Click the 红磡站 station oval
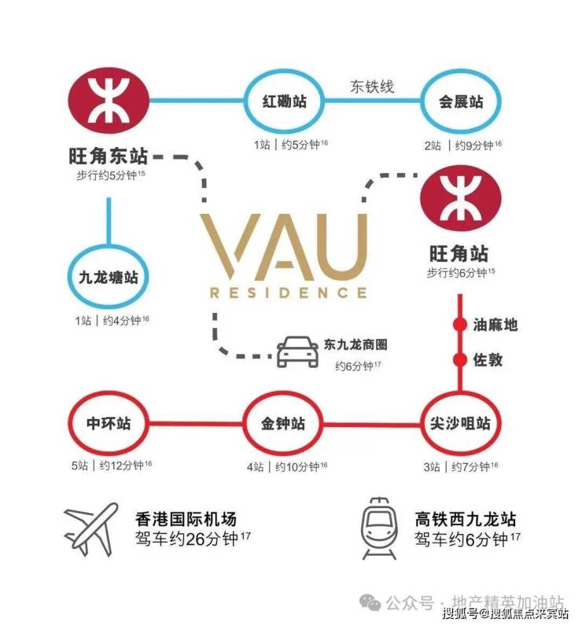[284, 101]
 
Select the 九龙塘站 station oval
[109, 278]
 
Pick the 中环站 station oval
[109, 424]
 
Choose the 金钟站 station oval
[284, 424]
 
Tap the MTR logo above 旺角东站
[109, 101]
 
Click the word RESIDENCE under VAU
[288, 293]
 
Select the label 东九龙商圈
[355, 345]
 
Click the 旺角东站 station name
[109, 156]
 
